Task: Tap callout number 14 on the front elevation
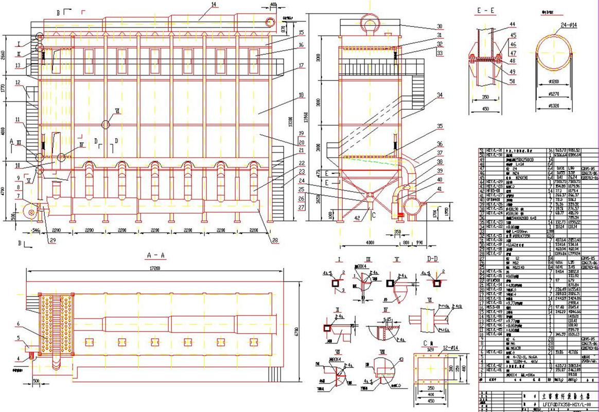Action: [199, 5]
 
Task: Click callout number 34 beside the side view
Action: [439, 95]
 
